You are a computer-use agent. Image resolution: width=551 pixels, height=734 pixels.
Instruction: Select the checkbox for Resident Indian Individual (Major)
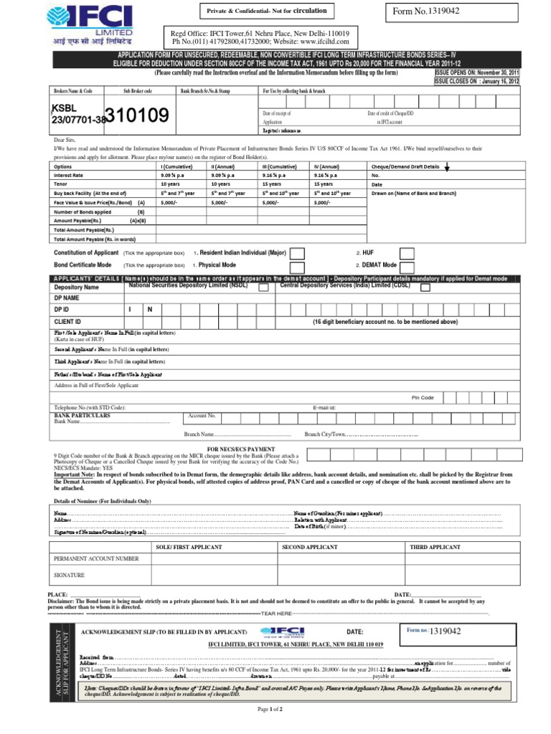[x=297, y=253]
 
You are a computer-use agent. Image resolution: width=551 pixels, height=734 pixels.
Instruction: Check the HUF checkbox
[x=407, y=253]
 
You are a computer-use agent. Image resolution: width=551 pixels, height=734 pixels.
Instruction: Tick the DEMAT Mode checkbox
[x=407, y=265]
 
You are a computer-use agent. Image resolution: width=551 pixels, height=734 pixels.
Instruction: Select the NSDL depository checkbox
[x=264, y=287]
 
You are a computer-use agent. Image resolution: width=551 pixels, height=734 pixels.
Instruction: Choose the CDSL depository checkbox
[x=425, y=287]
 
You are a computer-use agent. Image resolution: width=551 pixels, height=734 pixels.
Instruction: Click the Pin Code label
[x=423, y=397]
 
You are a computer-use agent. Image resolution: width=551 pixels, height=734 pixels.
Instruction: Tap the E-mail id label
[x=324, y=407]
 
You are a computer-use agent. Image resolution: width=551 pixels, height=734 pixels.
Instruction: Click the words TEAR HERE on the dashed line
[x=276, y=614]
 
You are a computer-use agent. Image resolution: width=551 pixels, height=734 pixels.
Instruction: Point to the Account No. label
[x=202, y=416]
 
